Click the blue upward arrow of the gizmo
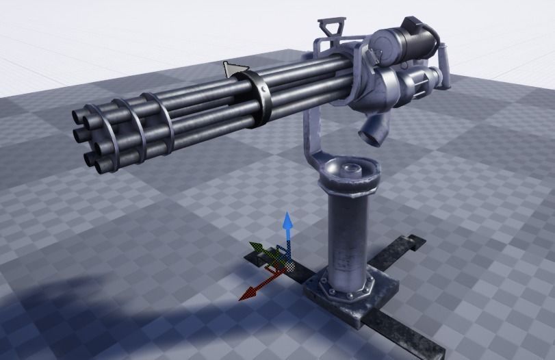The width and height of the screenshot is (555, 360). pyautogui.click(x=289, y=222)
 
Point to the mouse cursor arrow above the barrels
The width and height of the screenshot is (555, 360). pyautogui.click(x=231, y=68)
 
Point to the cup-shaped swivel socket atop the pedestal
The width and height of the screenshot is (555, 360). pyautogui.click(x=350, y=170)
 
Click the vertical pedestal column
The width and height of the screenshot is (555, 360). pyautogui.click(x=348, y=236)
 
